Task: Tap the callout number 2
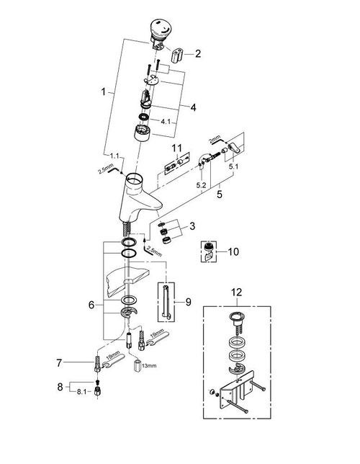point(197,53)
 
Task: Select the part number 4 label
point(192,107)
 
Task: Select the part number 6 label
point(91,305)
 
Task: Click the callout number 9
point(189,303)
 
